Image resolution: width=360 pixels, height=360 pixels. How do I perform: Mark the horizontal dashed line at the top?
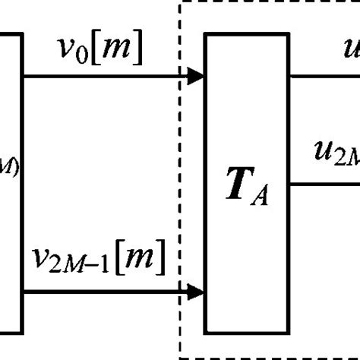tap(266, 2)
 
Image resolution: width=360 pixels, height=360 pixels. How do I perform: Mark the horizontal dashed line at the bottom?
tap(266, 356)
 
